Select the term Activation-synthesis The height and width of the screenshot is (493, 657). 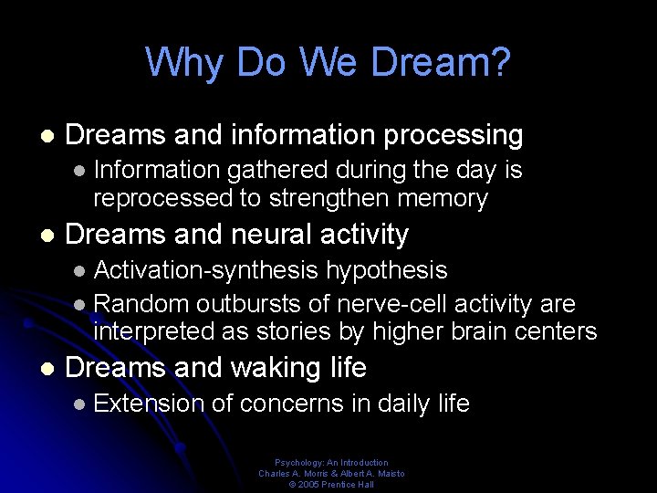206,270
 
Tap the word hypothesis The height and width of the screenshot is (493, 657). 387,270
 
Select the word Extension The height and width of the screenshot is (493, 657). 149,404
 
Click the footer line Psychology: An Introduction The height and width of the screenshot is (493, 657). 331,463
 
